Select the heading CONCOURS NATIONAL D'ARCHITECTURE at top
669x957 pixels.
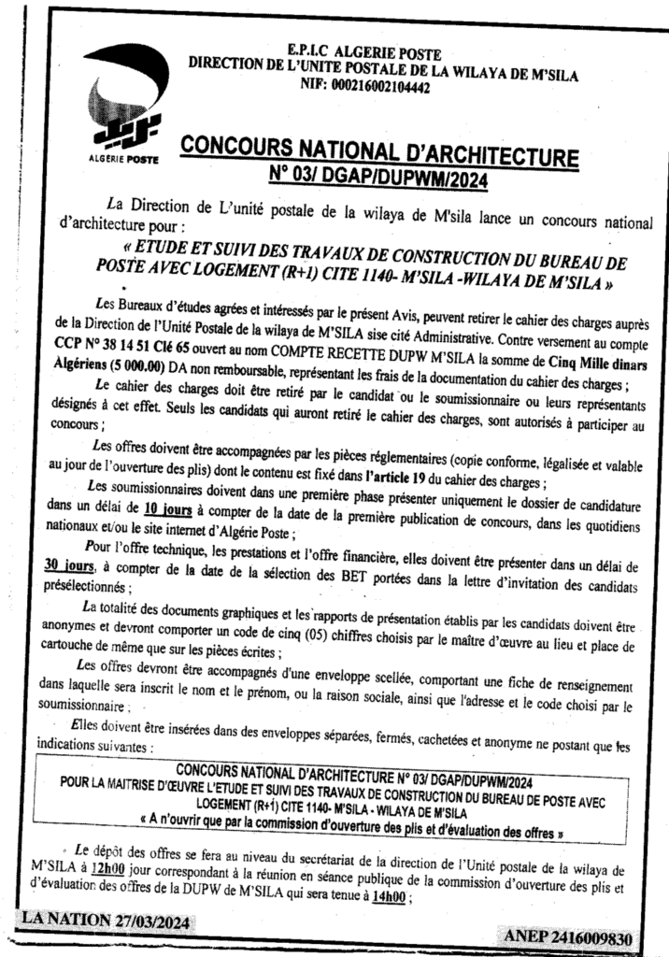click(x=378, y=149)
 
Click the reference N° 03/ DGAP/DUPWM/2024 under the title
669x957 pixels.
click(x=377, y=175)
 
